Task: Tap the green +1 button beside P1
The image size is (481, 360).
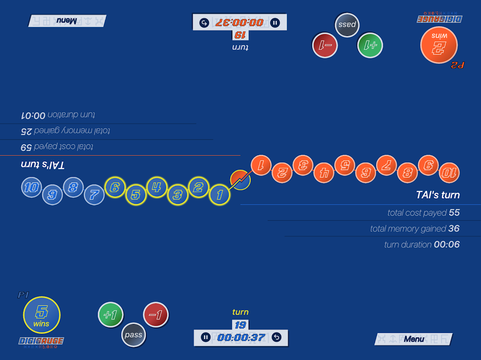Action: point(110,315)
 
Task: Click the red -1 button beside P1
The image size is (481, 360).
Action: point(156,315)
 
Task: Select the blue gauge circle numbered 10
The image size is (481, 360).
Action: point(32,187)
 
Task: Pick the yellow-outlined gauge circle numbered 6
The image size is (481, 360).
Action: point(115,188)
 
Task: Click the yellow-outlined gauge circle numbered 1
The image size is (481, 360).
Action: point(220,195)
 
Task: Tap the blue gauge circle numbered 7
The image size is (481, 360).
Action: point(94,195)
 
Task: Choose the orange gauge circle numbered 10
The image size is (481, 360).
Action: point(449,173)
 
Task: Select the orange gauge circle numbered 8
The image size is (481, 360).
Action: point(407,172)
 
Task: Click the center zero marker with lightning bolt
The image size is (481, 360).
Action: point(240,180)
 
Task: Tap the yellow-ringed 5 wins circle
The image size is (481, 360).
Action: point(42,315)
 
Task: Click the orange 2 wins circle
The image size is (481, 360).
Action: point(439,45)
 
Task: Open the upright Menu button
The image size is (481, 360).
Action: point(413,339)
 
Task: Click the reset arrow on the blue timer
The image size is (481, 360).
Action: point(277,337)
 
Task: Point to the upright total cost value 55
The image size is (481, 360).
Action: point(454,212)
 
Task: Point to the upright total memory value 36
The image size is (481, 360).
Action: point(454,229)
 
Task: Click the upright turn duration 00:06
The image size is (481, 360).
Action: point(446,244)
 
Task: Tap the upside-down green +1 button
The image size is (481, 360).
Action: point(370,45)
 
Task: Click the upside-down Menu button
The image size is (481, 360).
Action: point(67,21)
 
